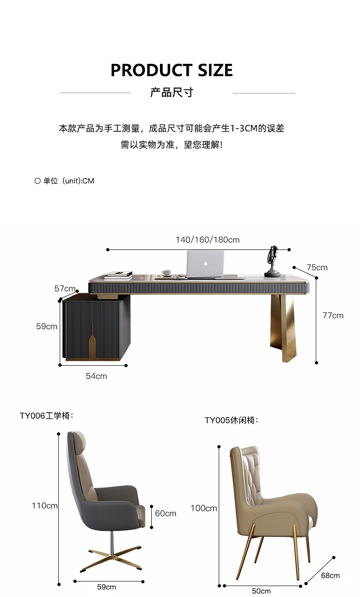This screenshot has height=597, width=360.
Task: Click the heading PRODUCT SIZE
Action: click(x=172, y=70)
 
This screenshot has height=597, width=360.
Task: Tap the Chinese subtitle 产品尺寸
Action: click(x=172, y=93)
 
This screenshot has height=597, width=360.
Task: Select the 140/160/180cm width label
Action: click(x=207, y=240)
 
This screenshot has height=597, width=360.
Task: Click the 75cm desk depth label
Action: click(x=317, y=268)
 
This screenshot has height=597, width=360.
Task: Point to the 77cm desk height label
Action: click(x=333, y=316)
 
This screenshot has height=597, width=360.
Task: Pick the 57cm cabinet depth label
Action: click(x=65, y=289)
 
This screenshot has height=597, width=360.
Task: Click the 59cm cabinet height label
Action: click(x=47, y=326)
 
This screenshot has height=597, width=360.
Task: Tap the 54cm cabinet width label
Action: click(x=97, y=376)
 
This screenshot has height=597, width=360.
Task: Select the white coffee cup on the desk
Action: click(x=167, y=272)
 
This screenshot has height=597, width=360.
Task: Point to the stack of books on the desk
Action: click(x=118, y=275)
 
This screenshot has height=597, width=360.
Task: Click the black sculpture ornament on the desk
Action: click(x=273, y=262)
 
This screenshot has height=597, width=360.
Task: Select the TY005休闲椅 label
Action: click(x=231, y=420)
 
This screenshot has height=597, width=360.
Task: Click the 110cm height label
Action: click(x=45, y=505)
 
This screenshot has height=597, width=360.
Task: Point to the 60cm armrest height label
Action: click(x=165, y=514)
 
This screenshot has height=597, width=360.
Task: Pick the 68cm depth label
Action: click(x=330, y=576)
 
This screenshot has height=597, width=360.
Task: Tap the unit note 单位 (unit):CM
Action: click(x=64, y=181)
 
